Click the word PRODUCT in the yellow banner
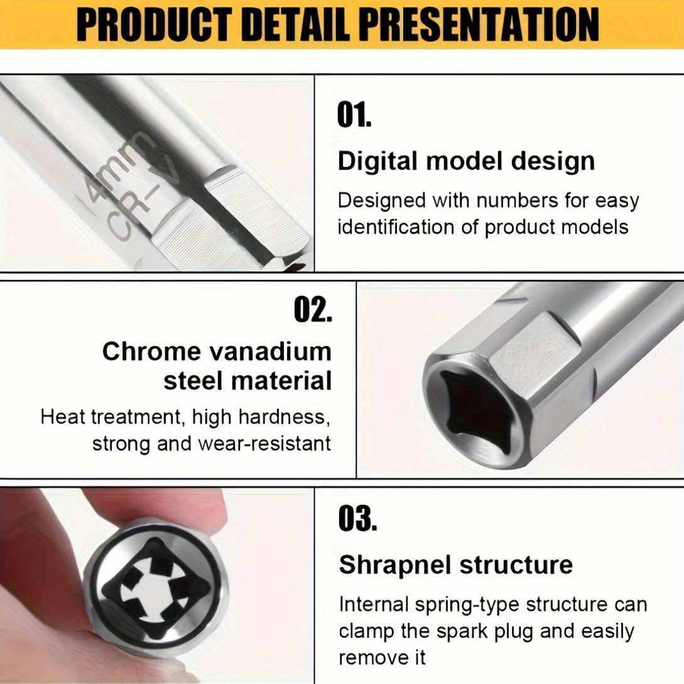point(159,25)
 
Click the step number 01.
point(354,116)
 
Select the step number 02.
point(313,310)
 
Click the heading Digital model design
point(466,161)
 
